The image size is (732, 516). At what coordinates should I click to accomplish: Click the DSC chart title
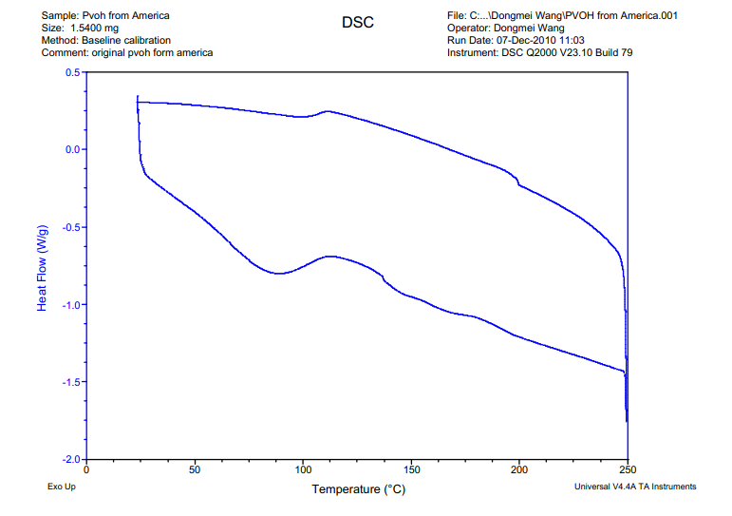tap(357, 22)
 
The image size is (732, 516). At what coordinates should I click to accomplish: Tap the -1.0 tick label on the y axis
tap(70, 305)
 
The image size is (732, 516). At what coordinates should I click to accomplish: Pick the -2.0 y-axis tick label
tap(70, 459)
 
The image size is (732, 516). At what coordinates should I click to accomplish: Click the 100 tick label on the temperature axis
tap(303, 469)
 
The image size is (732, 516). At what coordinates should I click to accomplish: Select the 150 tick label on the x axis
tap(411, 469)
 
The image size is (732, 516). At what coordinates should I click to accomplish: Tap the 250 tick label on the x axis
tap(628, 469)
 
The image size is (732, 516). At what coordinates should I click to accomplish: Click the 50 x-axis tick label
tap(195, 469)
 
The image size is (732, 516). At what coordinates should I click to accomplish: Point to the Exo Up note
tap(63, 487)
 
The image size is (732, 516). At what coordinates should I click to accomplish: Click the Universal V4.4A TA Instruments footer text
tap(635, 487)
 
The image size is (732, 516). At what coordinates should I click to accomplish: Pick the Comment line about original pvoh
tap(127, 53)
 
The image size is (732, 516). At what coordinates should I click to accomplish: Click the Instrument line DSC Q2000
tap(539, 53)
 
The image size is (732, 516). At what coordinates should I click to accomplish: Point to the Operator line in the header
tap(505, 29)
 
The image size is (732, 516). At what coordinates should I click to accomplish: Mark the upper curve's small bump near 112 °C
tap(328, 111)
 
